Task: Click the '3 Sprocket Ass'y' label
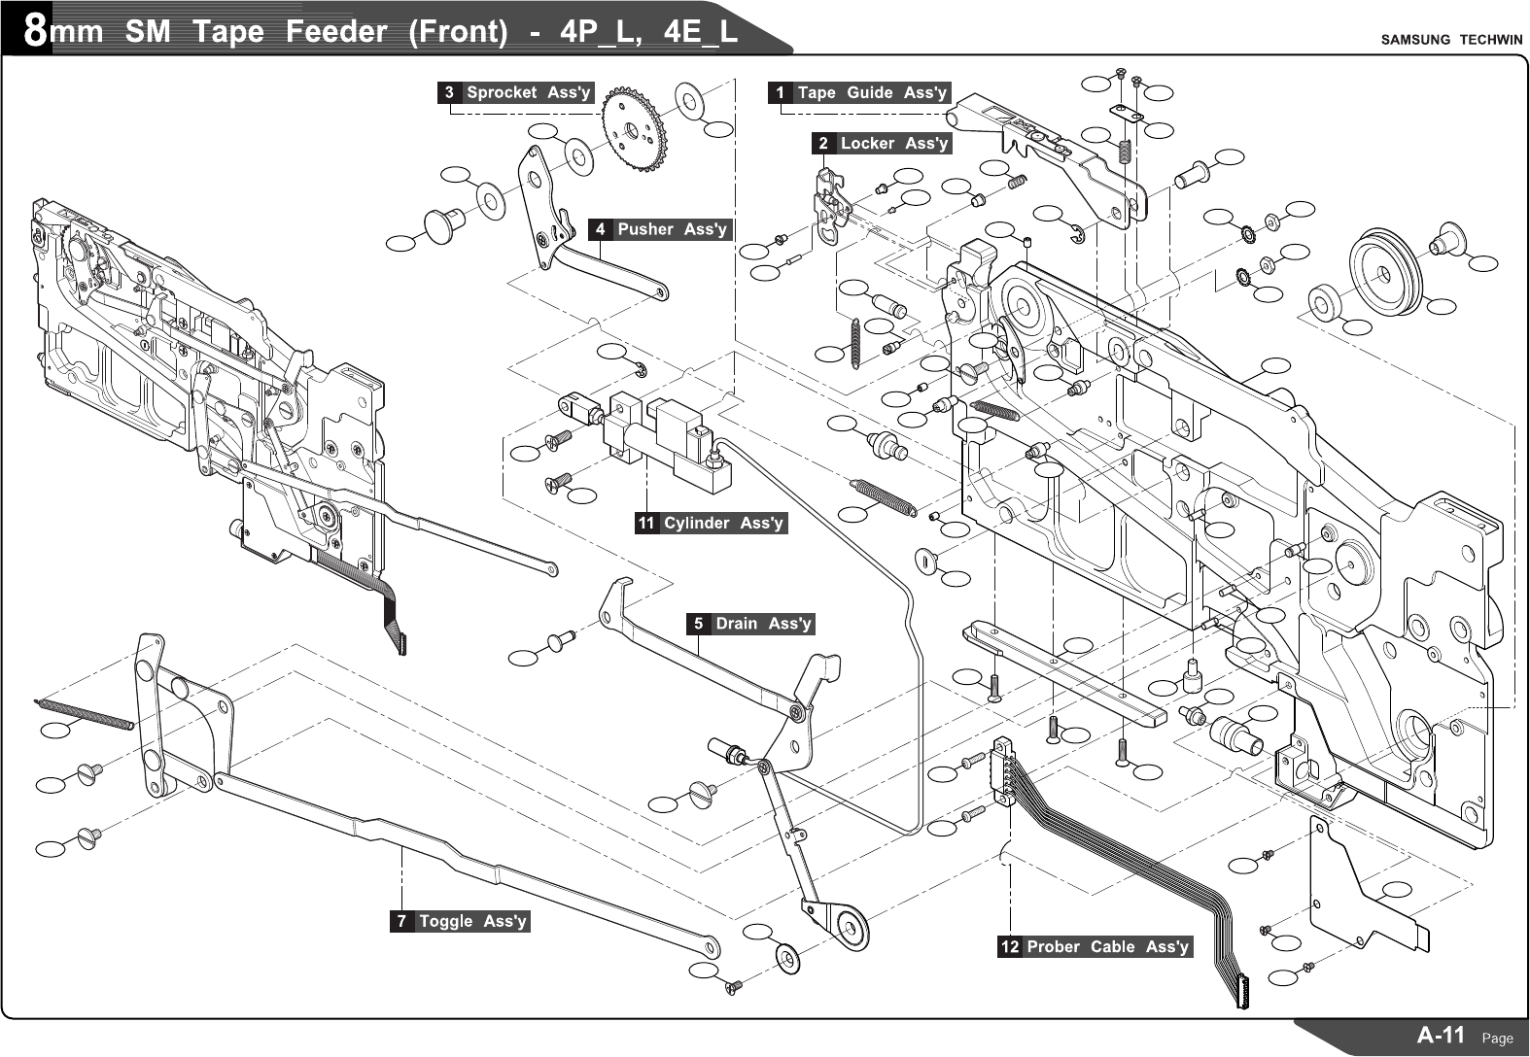coord(515,93)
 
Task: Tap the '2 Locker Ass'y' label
coord(882,144)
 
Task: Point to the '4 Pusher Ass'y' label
coord(659,230)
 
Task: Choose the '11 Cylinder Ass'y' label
coord(711,524)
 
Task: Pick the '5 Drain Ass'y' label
coord(750,624)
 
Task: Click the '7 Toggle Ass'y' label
coord(461,921)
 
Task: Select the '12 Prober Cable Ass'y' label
coord(1095,947)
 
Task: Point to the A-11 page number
coord(1441,1036)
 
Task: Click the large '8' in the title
coord(34,32)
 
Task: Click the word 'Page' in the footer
coord(1497,1039)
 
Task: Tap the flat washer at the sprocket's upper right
coord(691,97)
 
